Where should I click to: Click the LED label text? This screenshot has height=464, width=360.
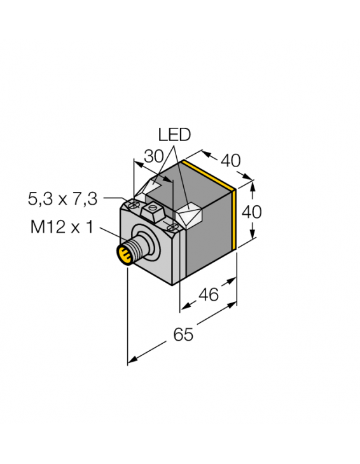(174, 135)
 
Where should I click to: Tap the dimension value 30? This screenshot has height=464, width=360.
(154, 156)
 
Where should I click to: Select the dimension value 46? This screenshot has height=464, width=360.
(208, 294)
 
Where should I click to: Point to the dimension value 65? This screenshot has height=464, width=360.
(183, 334)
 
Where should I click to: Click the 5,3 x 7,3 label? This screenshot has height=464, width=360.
(62, 198)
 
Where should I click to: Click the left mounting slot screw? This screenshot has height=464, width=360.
(134, 205)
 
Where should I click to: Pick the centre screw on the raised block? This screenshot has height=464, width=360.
(153, 208)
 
